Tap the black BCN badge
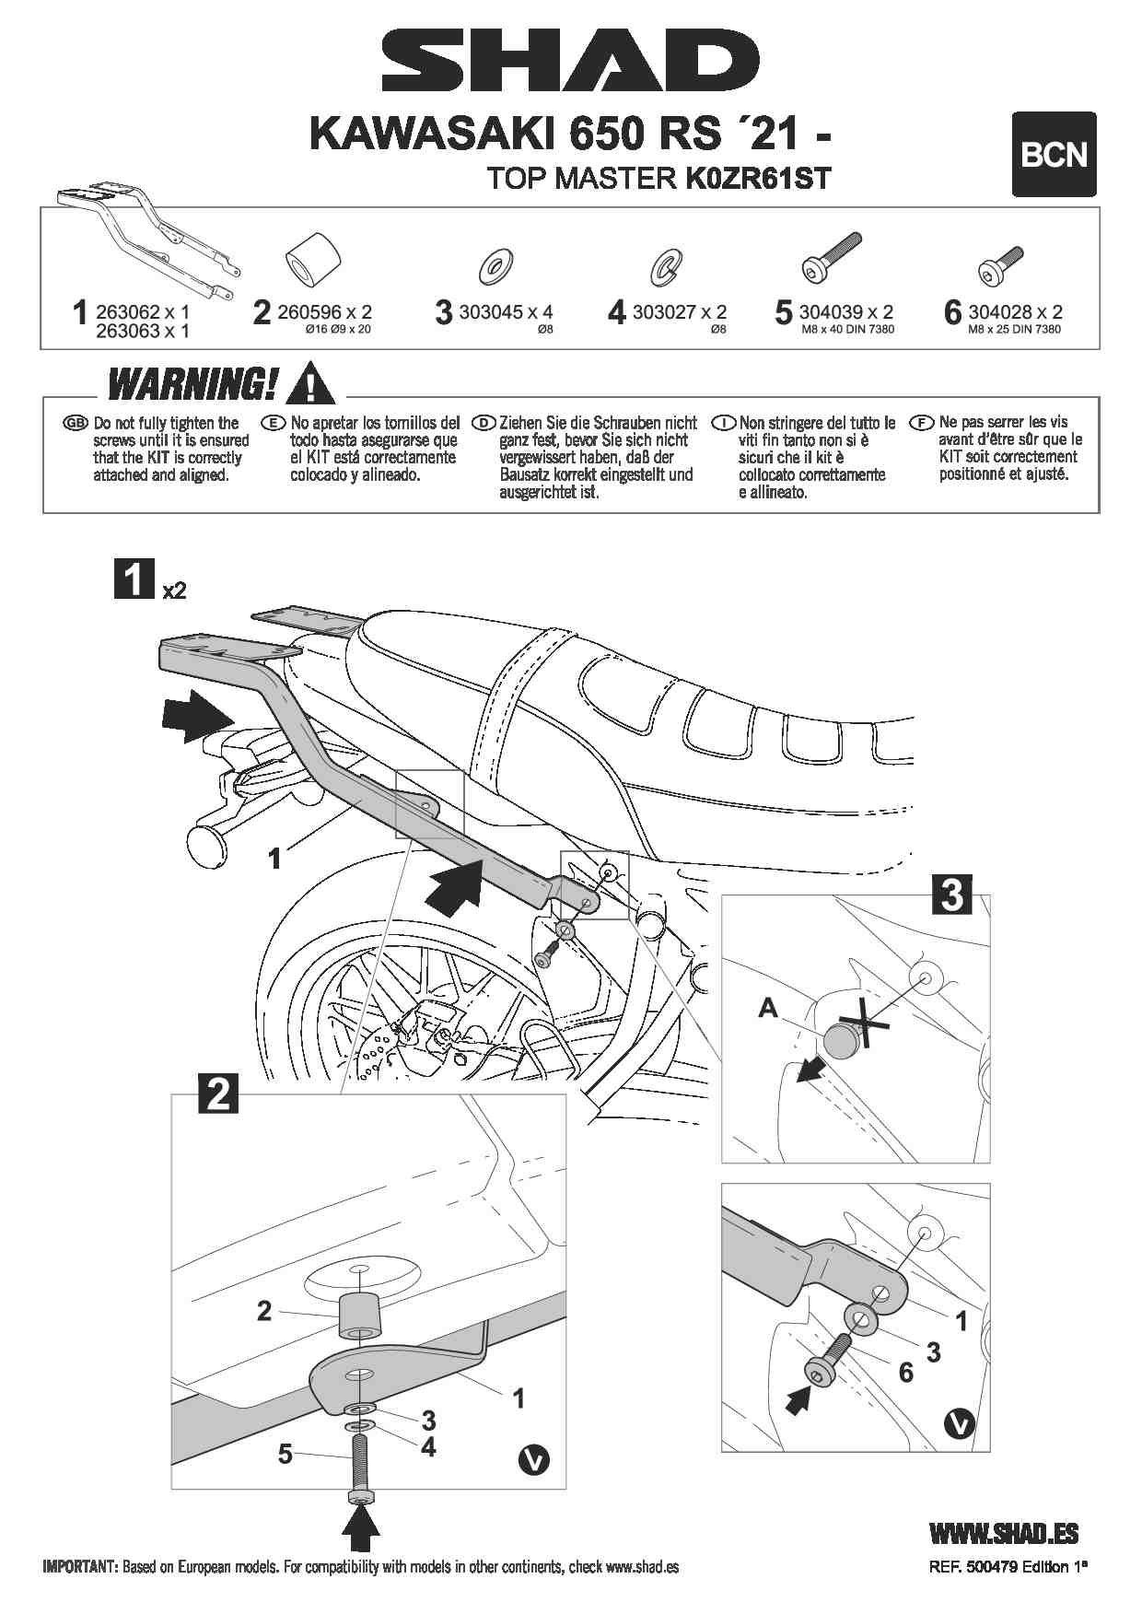(1054, 155)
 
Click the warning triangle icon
(310, 384)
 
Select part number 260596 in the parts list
(310, 312)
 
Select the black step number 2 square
(218, 1093)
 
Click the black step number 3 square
(952, 894)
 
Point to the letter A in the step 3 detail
(767, 1008)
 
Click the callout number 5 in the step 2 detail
(285, 1454)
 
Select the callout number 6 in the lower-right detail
(905, 1373)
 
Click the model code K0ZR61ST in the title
(758, 178)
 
